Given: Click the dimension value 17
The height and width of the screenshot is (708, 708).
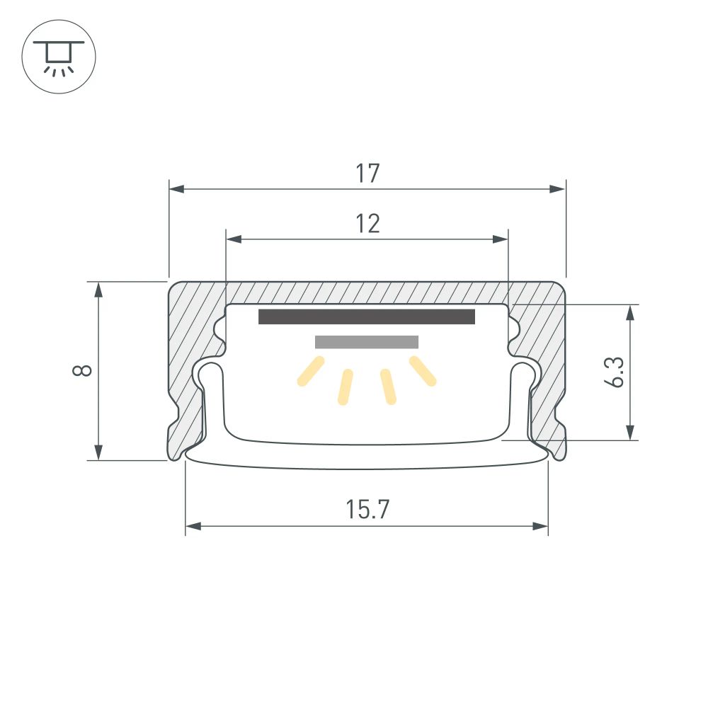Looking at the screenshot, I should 367,173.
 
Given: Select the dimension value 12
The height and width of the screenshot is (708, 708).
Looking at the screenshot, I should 367,224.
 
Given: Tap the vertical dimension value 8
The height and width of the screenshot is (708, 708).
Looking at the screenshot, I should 84,370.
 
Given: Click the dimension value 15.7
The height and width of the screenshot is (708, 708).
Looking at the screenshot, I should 367,510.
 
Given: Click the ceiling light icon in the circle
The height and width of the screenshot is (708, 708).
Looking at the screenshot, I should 59,56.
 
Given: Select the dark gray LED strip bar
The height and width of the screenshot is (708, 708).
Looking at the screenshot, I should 366,316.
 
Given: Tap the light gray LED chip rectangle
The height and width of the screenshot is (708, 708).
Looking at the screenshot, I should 366,342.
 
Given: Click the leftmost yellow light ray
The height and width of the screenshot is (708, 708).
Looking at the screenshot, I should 310,371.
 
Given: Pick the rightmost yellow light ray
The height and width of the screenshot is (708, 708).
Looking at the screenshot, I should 423,371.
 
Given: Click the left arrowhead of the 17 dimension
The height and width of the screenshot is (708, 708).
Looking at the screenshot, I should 176,189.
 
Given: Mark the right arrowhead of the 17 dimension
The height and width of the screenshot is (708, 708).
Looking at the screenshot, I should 558,189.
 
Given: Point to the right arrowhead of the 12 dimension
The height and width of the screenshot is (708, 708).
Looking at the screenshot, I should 501,240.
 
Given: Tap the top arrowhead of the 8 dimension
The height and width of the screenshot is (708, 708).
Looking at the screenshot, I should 99,289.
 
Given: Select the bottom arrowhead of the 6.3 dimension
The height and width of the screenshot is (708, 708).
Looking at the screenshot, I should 630,433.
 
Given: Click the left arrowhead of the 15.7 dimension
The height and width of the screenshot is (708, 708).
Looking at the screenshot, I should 193,527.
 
